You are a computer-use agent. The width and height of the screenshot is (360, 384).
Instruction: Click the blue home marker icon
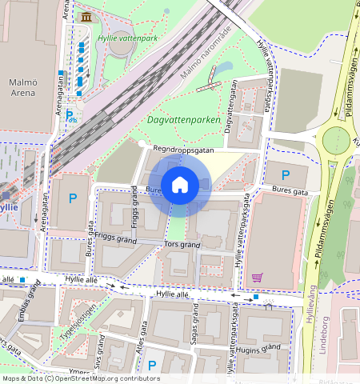point(180,185)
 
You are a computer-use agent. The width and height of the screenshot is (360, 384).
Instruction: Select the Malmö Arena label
point(22,87)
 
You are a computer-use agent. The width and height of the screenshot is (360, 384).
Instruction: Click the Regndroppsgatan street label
point(185,148)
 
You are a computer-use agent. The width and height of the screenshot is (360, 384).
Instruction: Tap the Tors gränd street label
point(181,244)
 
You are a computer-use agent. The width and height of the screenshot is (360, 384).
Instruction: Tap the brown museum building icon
point(86,17)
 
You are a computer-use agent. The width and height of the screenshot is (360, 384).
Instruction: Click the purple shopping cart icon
point(257,278)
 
